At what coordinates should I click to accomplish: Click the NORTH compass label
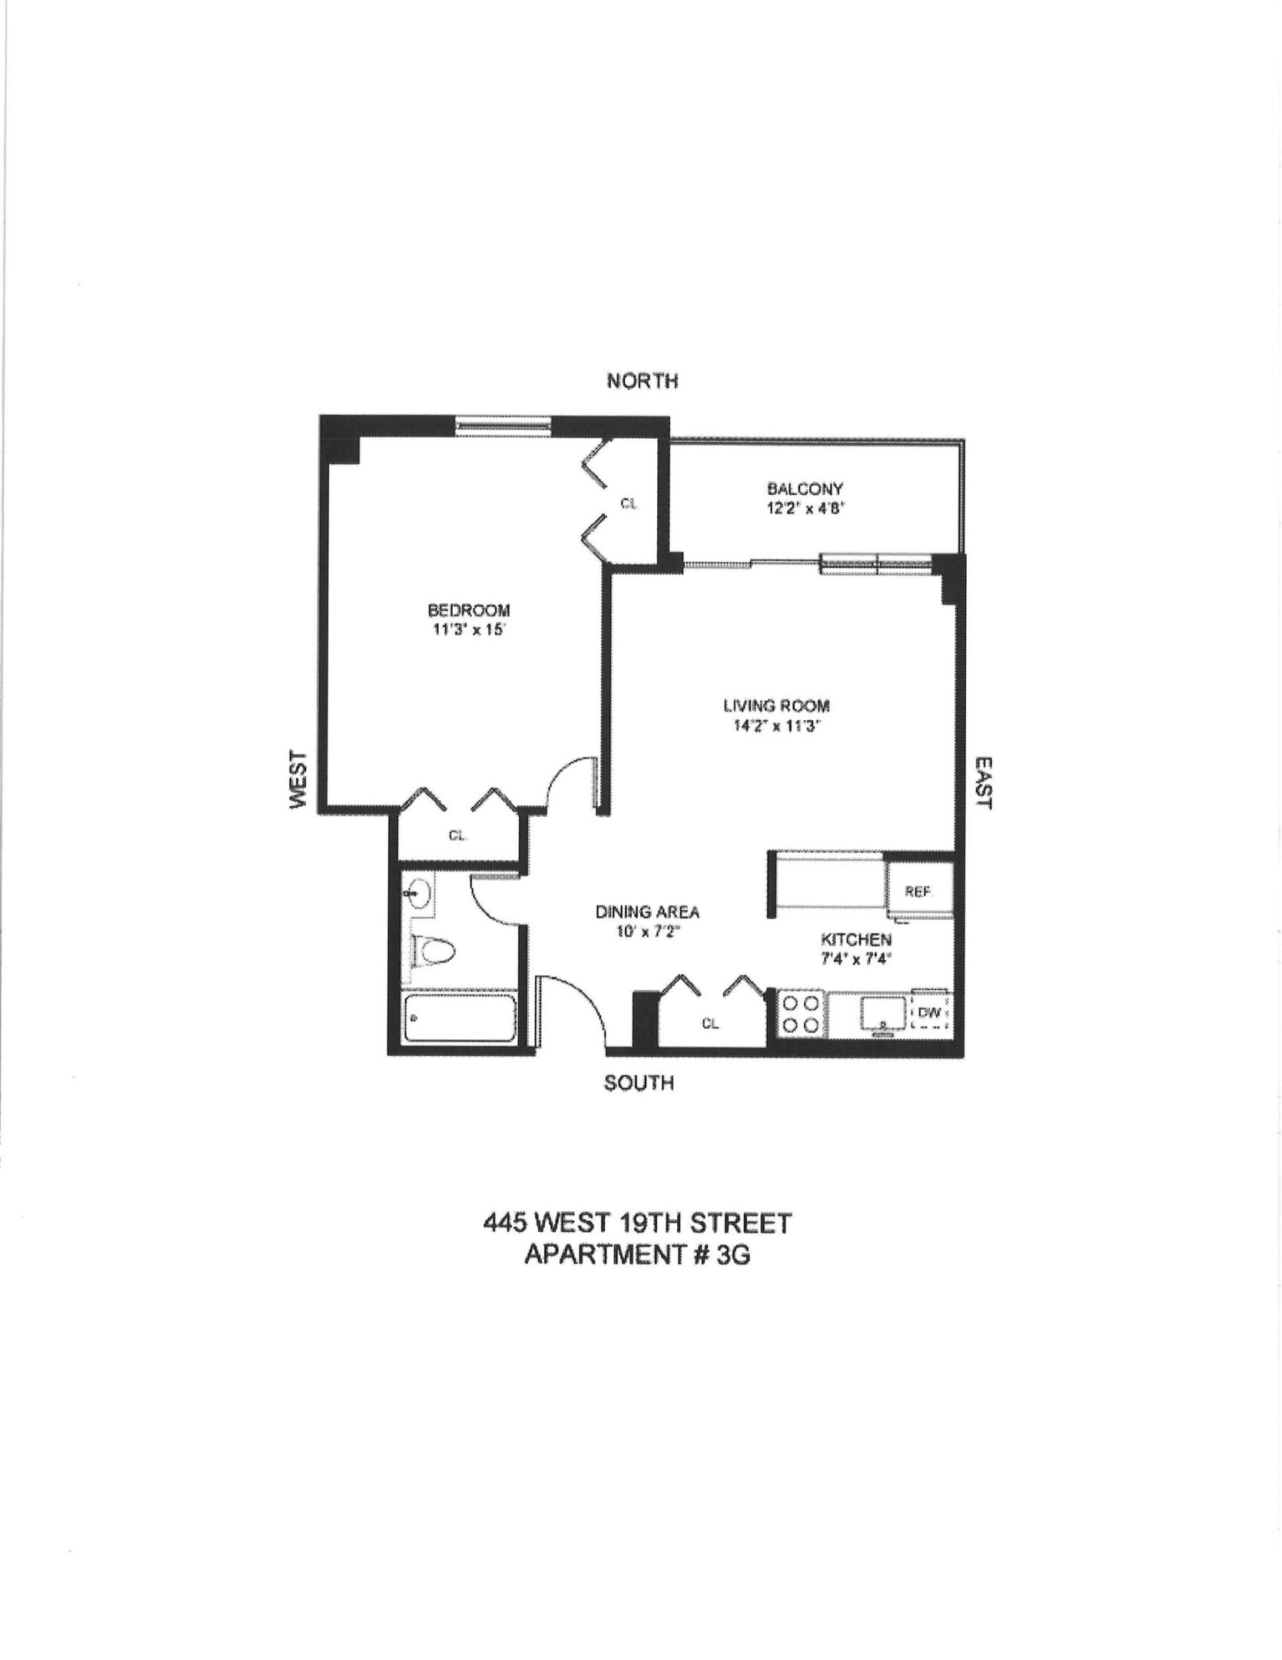tap(642, 380)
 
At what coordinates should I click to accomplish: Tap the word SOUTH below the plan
tap(639, 1083)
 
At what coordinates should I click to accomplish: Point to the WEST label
tap(298, 779)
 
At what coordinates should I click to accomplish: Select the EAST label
tap(983, 782)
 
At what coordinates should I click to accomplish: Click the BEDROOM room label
tap(469, 610)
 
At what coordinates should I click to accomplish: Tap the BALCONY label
tap(805, 488)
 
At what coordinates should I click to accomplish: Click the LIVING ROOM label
tap(777, 705)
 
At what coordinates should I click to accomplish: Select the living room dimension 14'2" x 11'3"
tap(777, 726)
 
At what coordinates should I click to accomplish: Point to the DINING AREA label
tap(648, 912)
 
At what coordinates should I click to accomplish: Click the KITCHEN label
tap(856, 939)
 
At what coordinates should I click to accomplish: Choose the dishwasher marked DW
tap(930, 1014)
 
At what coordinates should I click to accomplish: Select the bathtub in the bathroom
tap(460, 1018)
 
